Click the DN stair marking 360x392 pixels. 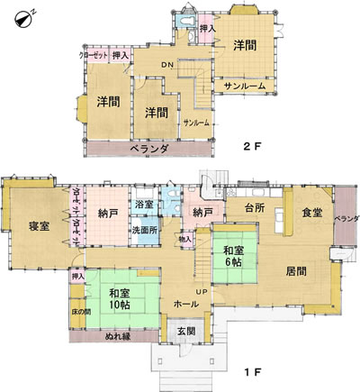point(167,65)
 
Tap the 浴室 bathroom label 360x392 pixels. point(143,205)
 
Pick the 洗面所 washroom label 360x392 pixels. point(144,229)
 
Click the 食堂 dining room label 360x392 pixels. point(311,213)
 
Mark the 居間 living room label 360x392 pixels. point(296,269)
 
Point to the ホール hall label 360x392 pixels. point(186,305)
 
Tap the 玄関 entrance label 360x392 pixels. point(185,333)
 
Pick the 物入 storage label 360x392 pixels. point(185,239)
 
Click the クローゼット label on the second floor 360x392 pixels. point(94,56)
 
